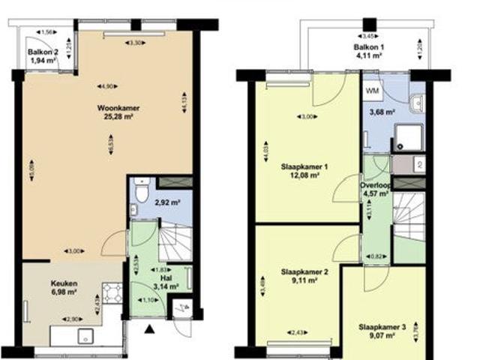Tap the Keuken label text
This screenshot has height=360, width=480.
tap(64, 283)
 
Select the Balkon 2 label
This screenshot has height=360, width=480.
tap(43, 52)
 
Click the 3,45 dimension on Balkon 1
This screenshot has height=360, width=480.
tap(367, 36)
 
